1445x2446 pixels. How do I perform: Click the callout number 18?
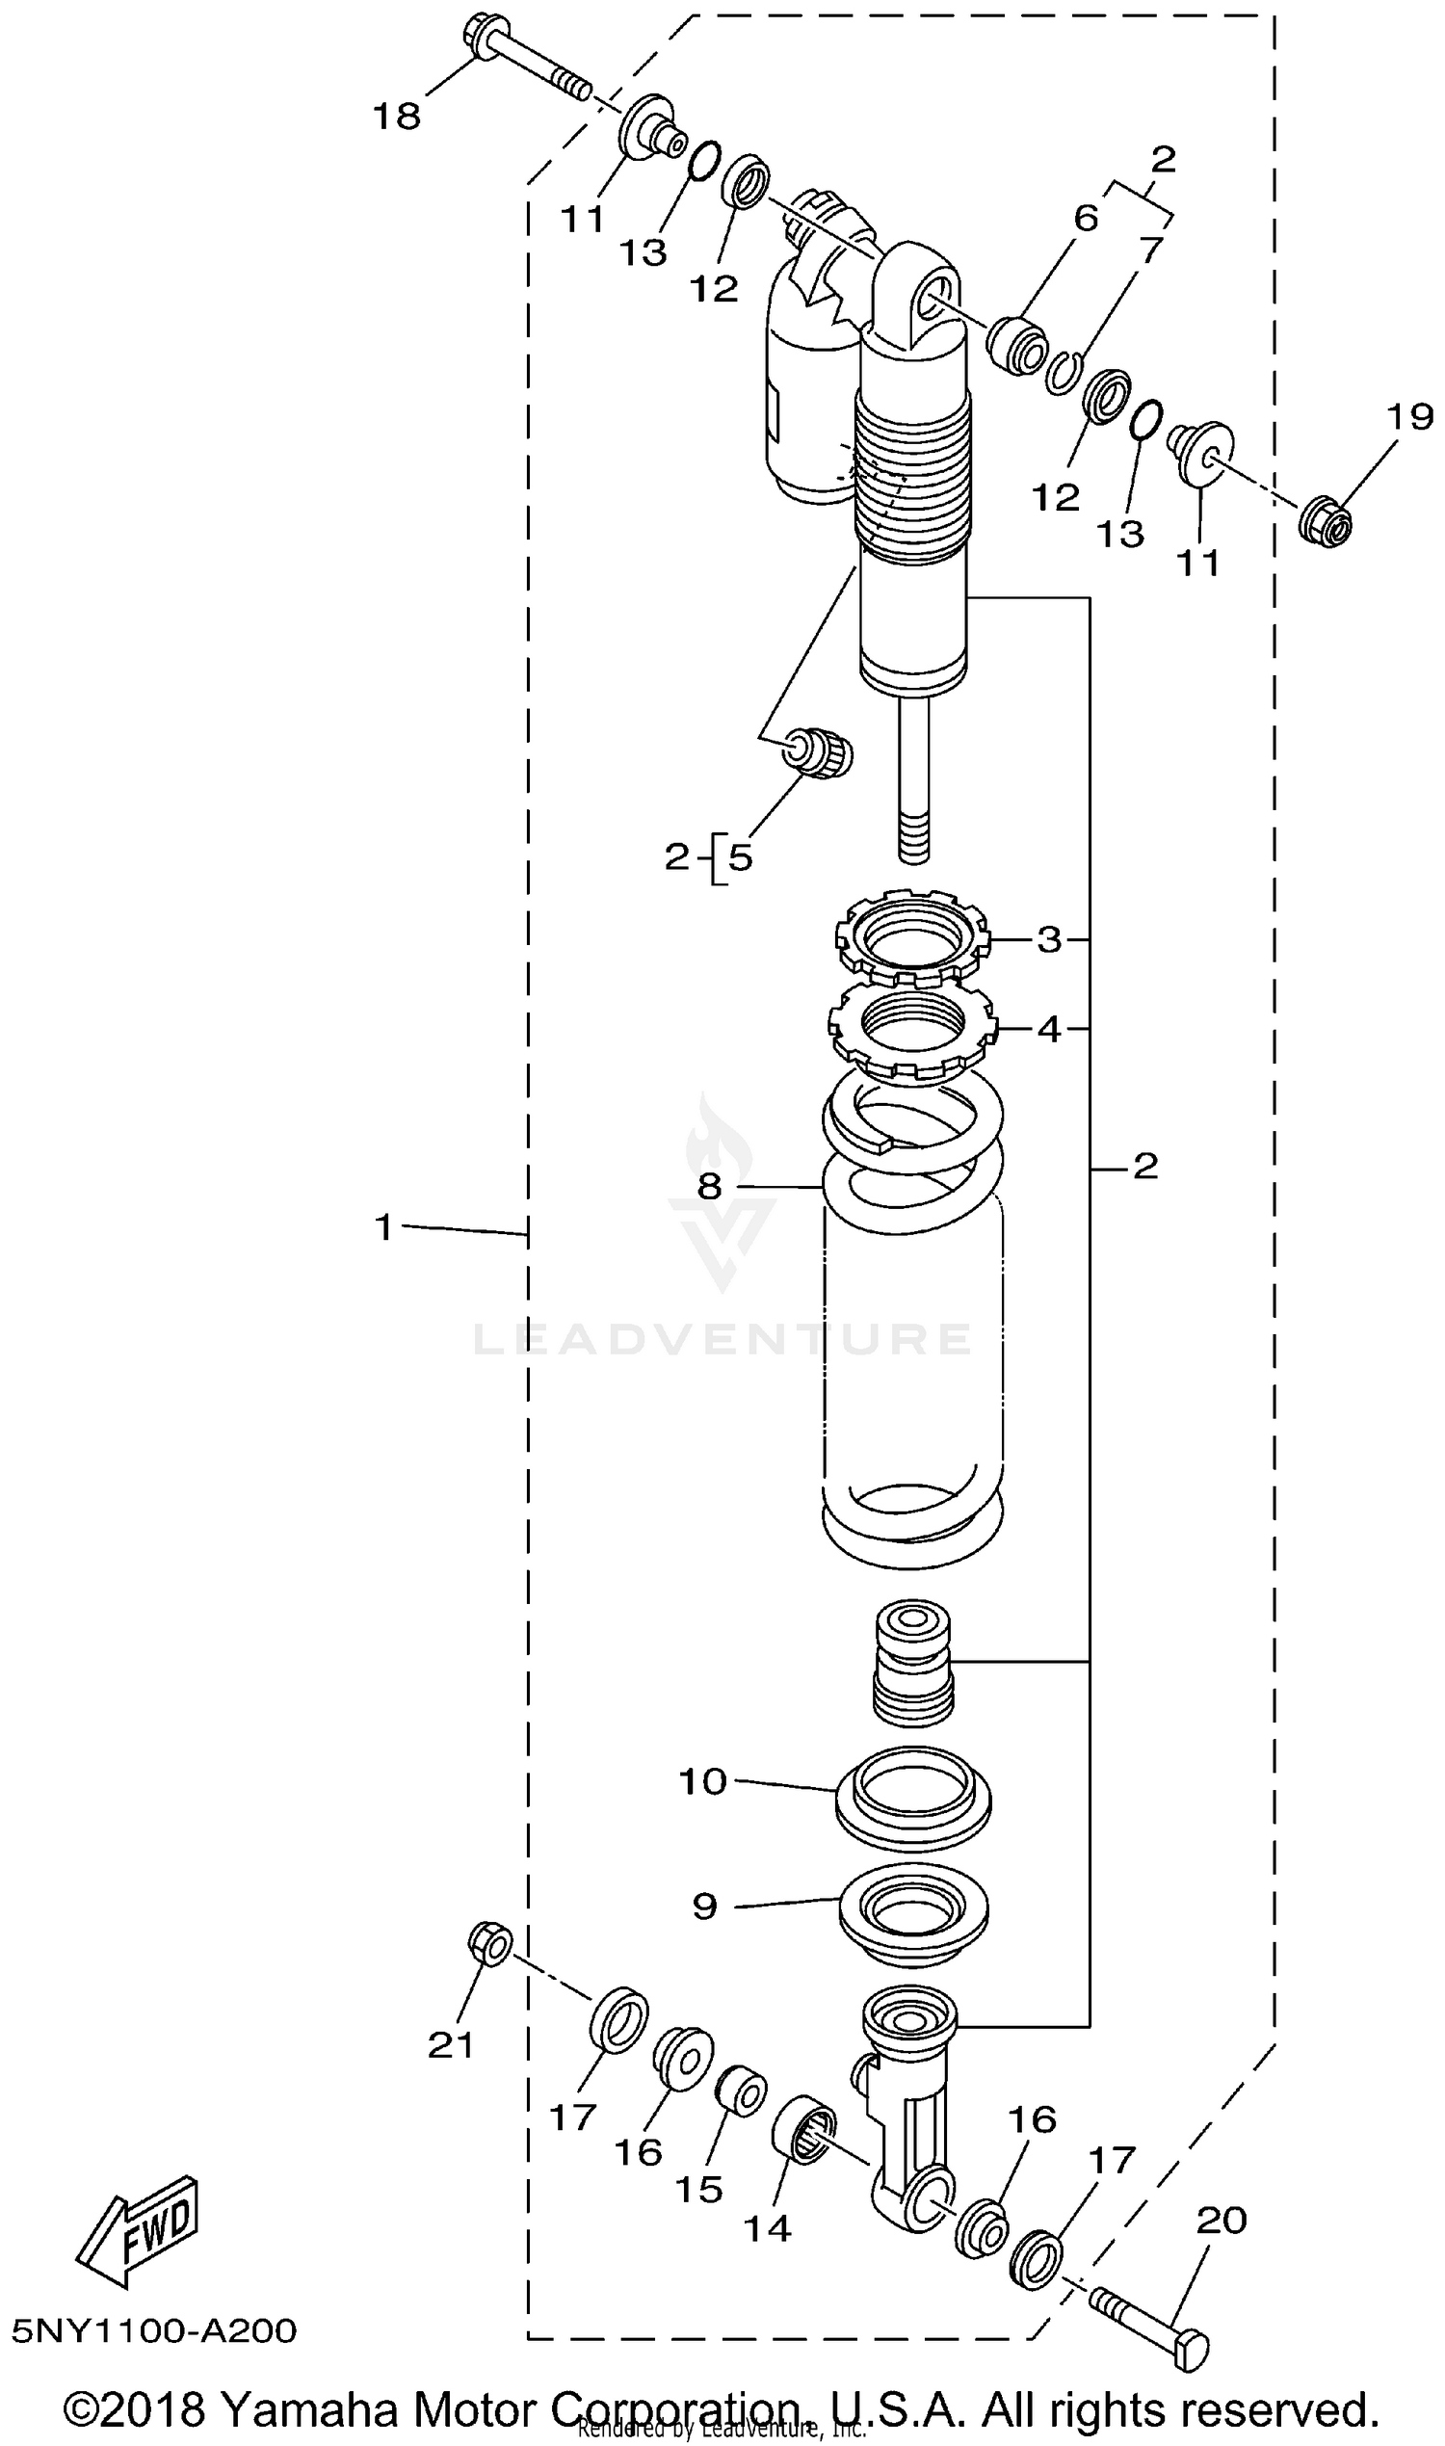(x=397, y=116)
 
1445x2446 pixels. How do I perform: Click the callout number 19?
(x=1410, y=417)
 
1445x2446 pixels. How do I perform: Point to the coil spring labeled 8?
(x=912, y=1344)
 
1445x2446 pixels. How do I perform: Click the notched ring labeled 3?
(x=912, y=940)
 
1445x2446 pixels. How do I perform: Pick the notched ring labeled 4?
(x=912, y=1030)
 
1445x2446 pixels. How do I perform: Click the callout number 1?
(x=383, y=1228)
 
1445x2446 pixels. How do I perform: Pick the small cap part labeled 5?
(x=826, y=752)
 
